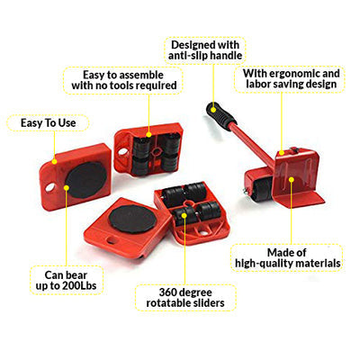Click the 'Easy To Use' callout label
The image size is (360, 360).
(x=48, y=123)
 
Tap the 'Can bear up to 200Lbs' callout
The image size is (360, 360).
(x=67, y=280)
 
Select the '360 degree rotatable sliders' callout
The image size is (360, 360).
(x=185, y=298)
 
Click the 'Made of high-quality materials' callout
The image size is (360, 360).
(x=287, y=258)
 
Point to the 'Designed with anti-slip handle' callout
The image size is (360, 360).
(x=205, y=50)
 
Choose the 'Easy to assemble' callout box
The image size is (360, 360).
(x=124, y=80)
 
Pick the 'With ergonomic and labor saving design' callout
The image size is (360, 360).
(x=290, y=78)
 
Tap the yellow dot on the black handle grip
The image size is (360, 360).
(x=213, y=109)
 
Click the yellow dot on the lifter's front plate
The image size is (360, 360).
(x=291, y=179)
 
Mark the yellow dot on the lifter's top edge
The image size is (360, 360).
(x=282, y=153)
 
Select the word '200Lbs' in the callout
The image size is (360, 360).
(x=79, y=285)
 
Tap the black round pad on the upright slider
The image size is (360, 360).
(x=86, y=180)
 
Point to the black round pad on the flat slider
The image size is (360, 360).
(x=131, y=220)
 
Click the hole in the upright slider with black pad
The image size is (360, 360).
(x=49, y=188)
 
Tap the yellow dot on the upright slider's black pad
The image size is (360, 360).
(x=67, y=188)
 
